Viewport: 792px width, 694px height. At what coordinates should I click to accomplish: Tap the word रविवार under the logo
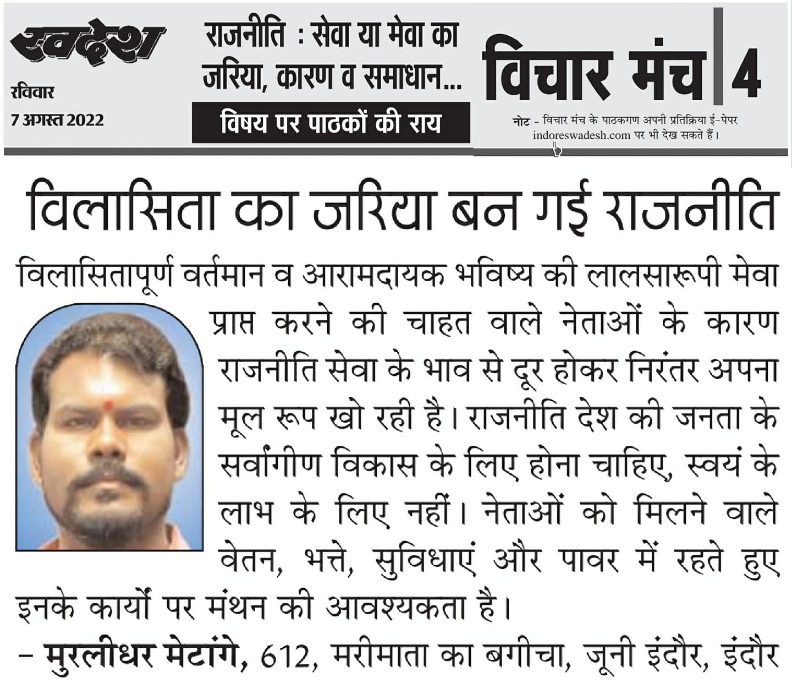(x=32, y=91)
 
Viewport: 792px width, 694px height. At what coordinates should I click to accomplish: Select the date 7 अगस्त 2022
(x=57, y=119)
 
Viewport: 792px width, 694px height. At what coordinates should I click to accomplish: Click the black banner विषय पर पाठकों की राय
(x=331, y=122)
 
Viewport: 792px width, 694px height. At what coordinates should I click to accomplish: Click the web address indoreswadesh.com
(x=581, y=135)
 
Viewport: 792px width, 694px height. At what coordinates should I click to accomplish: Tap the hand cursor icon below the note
(x=557, y=149)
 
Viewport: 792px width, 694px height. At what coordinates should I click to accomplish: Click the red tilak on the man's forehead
(x=108, y=406)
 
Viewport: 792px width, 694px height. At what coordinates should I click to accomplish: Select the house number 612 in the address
(x=285, y=657)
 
